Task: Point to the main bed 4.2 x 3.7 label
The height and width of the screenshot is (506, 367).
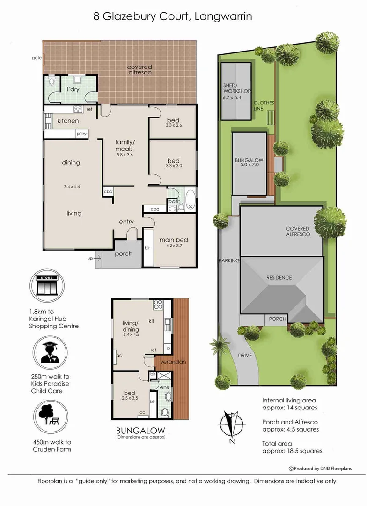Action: pyautogui.click(x=173, y=244)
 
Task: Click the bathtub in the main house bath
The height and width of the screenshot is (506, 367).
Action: pyautogui.click(x=190, y=201)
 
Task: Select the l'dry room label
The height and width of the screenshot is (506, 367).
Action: pyautogui.click(x=73, y=89)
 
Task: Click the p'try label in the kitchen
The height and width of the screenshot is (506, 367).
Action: pyautogui.click(x=81, y=134)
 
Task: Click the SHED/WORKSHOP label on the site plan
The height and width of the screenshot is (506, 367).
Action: pyautogui.click(x=237, y=88)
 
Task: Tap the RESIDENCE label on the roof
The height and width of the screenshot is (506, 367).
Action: pyautogui.click(x=279, y=277)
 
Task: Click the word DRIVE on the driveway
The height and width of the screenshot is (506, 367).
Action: pyautogui.click(x=245, y=356)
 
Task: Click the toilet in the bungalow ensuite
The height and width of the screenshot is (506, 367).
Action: pyautogui.click(x=165, y=412)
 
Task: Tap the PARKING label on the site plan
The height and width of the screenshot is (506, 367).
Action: pyautogui.click(x=229, y=260)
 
